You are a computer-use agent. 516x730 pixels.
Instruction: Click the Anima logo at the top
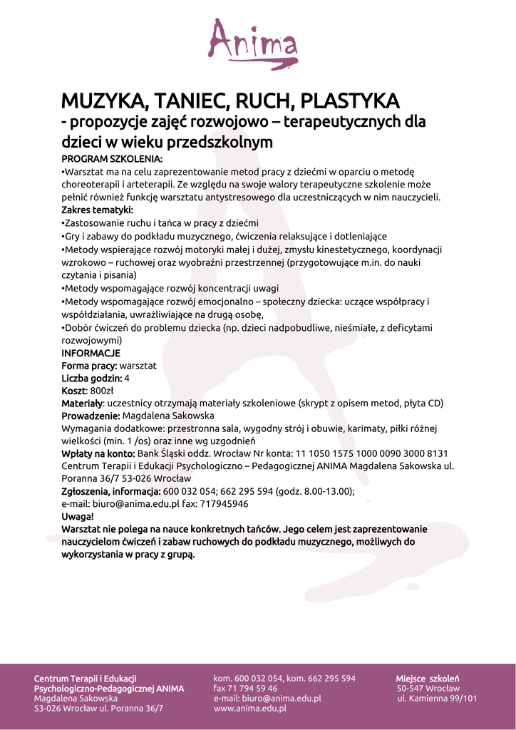[253, 42]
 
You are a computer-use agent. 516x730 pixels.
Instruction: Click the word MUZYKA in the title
[104, 100]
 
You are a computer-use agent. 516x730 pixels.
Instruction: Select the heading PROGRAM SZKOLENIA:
[112, 158]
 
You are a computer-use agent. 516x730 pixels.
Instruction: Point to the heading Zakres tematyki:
[97, 210]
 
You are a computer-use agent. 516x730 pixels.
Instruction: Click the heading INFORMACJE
[91, 353]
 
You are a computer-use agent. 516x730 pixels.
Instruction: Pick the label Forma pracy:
[89, 366]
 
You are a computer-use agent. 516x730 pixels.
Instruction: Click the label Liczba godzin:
[91, 378]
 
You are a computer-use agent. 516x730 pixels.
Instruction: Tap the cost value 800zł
[101, 391]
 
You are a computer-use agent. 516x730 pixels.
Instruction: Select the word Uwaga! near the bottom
[78, 516]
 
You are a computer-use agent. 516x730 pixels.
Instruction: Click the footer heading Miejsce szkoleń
[428, 678]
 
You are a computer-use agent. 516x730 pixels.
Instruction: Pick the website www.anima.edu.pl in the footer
[250, 709]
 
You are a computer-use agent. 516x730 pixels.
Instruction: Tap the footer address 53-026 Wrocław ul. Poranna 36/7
[98, 709]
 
